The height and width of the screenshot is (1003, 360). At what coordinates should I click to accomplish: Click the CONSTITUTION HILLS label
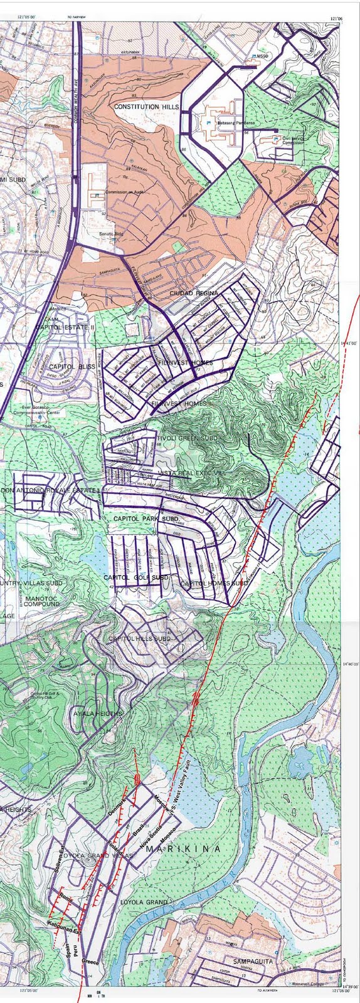[146, 107]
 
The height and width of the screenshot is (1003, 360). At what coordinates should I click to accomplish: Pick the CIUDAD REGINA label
[194, 293]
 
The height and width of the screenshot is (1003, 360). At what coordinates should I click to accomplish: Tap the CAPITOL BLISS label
[71, 366]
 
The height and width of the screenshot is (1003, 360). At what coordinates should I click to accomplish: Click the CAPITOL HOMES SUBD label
[213, 584]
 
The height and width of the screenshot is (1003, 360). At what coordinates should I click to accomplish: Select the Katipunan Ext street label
[65, 926]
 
